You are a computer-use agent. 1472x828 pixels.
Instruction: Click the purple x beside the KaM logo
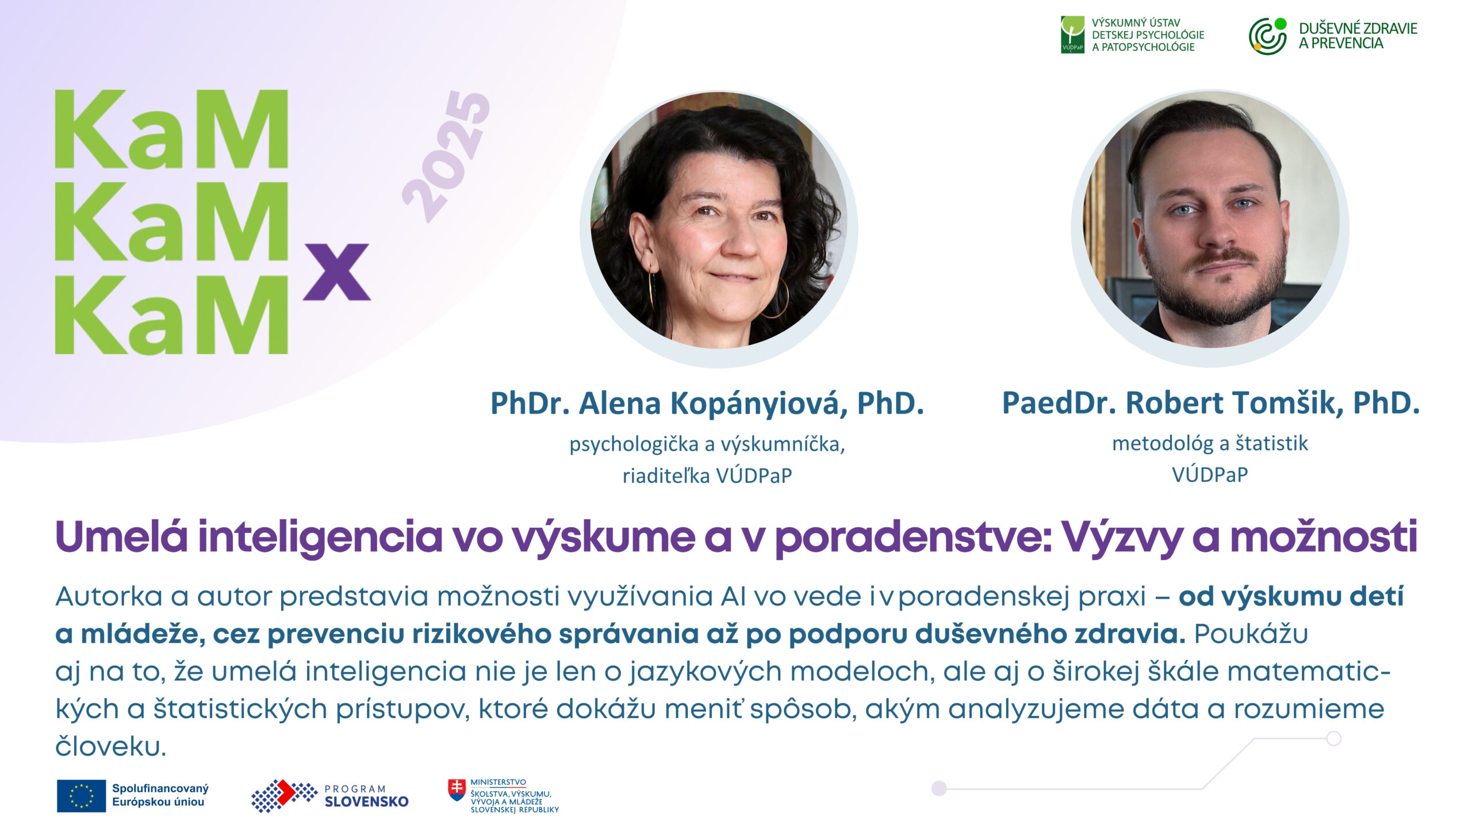coord(337,271)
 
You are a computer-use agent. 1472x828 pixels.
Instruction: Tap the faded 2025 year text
coord(447,156)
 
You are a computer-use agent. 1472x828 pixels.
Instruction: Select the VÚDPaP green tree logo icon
coord(1072,34)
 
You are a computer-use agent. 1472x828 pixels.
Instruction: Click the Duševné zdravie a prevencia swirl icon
coord(1267,36)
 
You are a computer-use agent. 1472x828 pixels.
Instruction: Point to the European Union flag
coord(81,796)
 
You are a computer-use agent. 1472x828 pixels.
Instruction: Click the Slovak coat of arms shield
coord(457,790)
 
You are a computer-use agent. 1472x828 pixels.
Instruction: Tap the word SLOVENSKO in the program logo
coord(366,802)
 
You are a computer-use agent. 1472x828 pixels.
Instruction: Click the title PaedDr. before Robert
coord(1059,402)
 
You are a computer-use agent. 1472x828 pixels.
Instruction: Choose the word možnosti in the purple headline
coord(1323,537)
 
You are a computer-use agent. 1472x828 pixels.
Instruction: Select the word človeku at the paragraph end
coord(111,746)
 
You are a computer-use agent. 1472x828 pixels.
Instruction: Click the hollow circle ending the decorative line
coord(1334,738)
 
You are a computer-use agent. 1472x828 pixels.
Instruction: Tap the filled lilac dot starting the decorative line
coord(939,788)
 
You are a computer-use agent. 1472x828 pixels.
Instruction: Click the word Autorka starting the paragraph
coord(109,596)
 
